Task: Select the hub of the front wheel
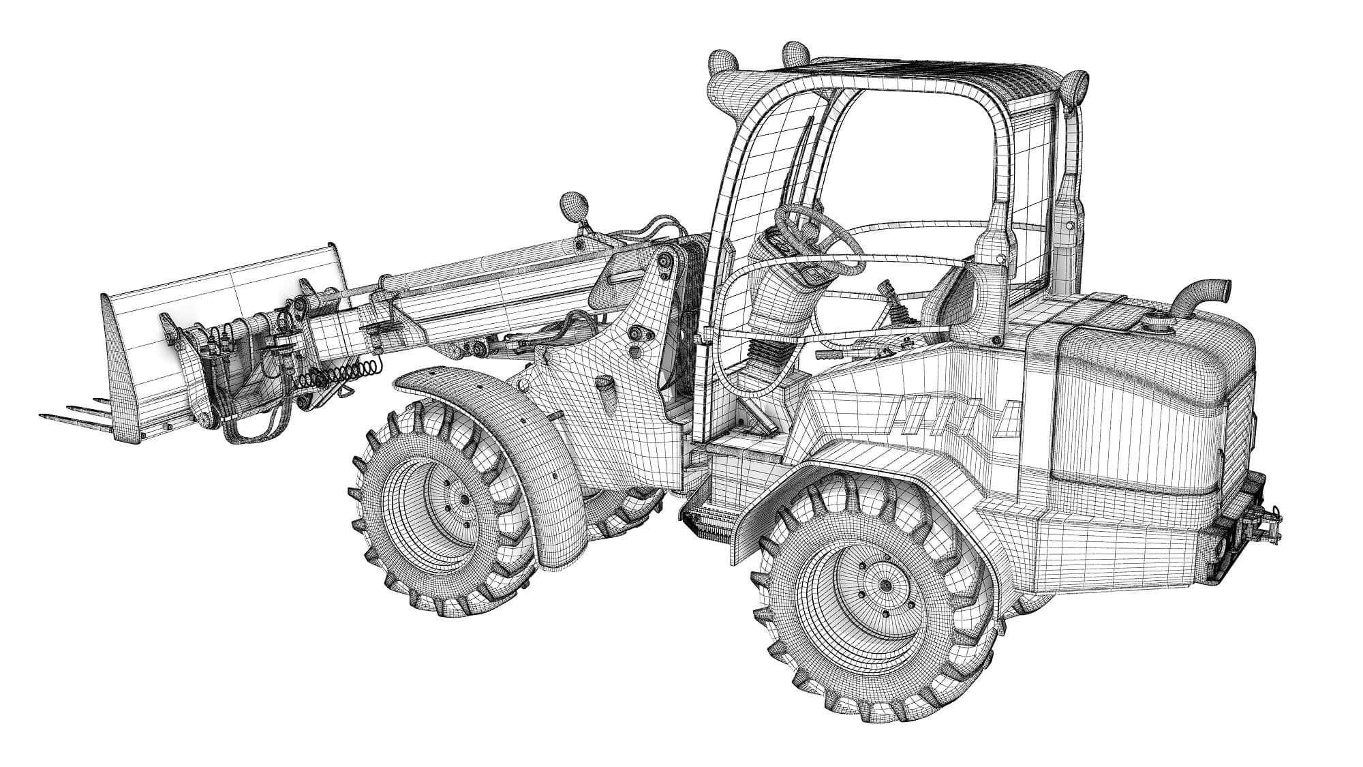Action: (x=464, y=500)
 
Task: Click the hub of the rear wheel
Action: (x=885, y=585)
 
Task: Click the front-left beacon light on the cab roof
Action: (x=722, y=65)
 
